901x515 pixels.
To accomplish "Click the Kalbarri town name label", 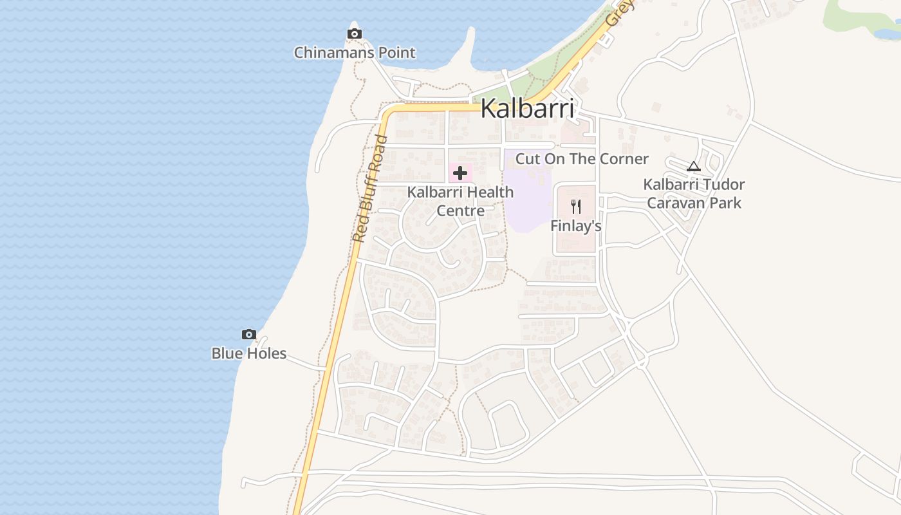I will click(527, 108).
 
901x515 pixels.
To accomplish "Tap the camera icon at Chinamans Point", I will click(354, 33).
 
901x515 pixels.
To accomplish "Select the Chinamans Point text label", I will click(355, 53).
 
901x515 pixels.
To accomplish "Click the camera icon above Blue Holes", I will click(249, 334).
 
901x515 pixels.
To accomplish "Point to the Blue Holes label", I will click(249, 353).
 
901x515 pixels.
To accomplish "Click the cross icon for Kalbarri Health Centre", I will click(460, 173).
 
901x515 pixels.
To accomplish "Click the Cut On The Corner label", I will click(582, 158).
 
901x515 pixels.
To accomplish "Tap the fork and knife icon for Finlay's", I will click(576, 207).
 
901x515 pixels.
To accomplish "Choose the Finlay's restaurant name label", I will click(576, 226).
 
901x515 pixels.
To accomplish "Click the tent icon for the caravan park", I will click(693, 167).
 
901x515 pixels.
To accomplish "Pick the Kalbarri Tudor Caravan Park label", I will click(694, 194).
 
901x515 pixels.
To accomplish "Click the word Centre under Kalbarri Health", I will click(460, 211).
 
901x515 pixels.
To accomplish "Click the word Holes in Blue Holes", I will click(267, 353).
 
